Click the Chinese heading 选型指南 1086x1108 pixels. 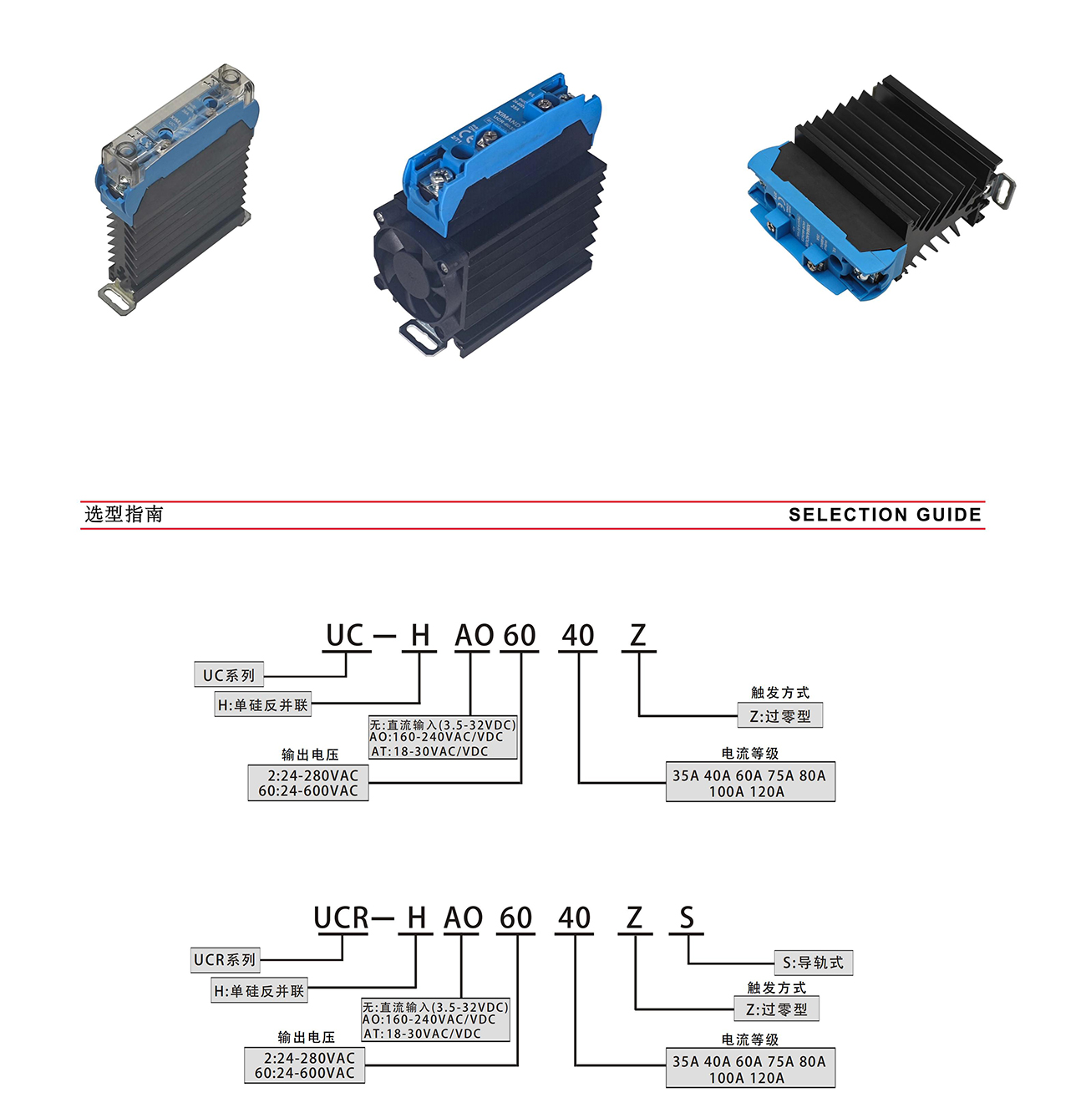click(x=124, y=514)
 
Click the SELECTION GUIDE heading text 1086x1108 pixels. click(x=885, y=515)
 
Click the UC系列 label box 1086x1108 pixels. click(x=229, y=675)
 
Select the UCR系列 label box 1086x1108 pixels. click(x=225, y=960)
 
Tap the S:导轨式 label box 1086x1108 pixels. click(x=813, y=963)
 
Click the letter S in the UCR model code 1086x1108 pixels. click(x=687, y=917)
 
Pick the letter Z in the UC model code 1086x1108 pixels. click(x=638, y=636)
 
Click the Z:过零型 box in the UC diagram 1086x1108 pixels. click(x=780, y=716)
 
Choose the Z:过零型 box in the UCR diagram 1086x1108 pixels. click(x=777, y=1009)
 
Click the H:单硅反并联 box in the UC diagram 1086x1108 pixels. click(x=263, y=705)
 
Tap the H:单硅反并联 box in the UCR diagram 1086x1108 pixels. click(x=260, y=991)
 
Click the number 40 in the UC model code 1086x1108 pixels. click(x=577, y=636)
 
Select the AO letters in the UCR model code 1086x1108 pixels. click(x=463, y=917)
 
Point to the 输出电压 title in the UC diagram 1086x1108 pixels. click(x=310, y=755)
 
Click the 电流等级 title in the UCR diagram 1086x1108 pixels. click(x=749, y=1039)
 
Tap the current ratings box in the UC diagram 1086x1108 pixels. click(x=749, y=783)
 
